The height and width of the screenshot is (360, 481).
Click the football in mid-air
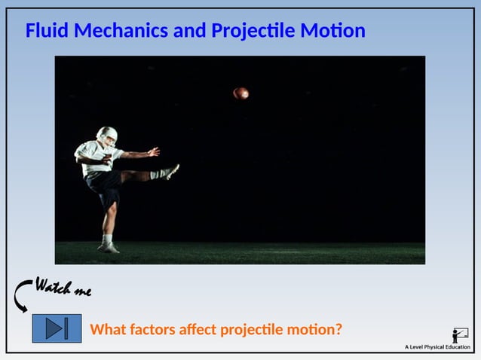point(240,93)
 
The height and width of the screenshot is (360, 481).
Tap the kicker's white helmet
point(107,136)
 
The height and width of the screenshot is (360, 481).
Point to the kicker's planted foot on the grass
point(109,247)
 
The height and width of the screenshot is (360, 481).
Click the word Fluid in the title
point(47,31)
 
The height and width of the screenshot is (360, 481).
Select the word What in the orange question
point(108,329)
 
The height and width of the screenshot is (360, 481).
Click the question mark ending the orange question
point(339,329)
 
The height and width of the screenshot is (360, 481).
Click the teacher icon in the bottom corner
point(459,335)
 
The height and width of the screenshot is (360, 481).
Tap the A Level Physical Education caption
point(437,347)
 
